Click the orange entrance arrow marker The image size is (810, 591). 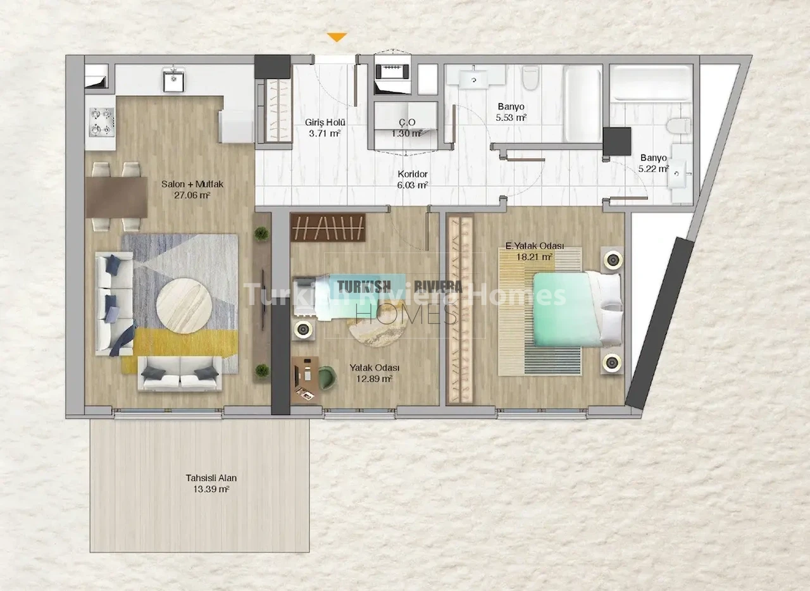click(337, 37)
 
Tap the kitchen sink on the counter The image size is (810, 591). click(173, 79)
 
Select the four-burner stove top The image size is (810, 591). click(102, 122)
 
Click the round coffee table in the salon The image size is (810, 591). click(184, 306)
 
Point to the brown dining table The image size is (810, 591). click(117, 197)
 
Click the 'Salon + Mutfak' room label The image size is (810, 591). click(192, 184)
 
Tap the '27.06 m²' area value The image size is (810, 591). click(192, 196)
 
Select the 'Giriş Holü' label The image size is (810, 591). click(325, 122)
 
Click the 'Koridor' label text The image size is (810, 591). click(413, 174)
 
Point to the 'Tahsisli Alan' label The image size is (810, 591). click(211, 478)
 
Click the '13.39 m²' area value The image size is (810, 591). click(211, 489)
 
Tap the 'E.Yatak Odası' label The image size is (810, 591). click(535, 246)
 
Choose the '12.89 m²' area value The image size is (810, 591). click(374, 378)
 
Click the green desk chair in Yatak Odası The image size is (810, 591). click(328, 378)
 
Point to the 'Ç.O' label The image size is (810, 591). click(408, 122)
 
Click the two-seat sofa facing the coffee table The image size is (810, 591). click(180, 373)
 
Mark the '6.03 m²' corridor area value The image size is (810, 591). click(413, 185)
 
